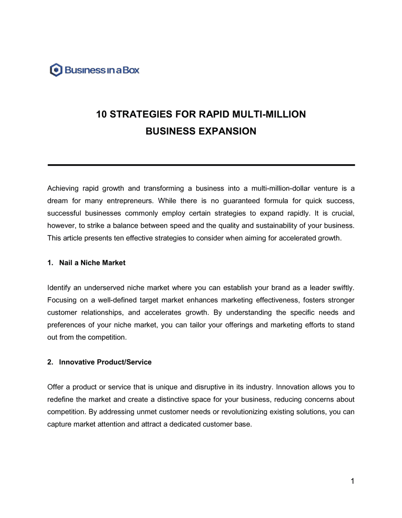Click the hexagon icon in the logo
(56, 70)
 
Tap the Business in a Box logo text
(102, 70)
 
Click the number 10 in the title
(101, 114)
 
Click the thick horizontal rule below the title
(201, 165)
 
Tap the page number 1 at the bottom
(353, 481)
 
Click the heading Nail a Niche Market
(92, 263)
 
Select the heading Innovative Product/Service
(105, 362)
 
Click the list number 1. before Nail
(50, 263)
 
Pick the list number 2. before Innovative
(50, 362)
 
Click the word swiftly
(343, 288)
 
